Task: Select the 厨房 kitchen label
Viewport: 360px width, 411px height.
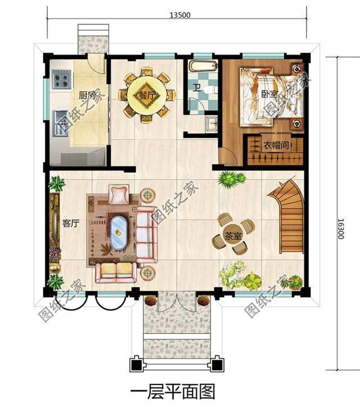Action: click(x=87, y=95)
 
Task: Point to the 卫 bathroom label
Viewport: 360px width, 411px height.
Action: click(x=196, y=88)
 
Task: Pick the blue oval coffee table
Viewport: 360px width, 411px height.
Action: click(x=119, y=233)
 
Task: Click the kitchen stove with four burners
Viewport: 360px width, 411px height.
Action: click(x=61, y=79)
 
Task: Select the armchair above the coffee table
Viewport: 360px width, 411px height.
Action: click(x=119, y=195)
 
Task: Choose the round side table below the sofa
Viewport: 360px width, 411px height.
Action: click(x=147, y=273)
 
